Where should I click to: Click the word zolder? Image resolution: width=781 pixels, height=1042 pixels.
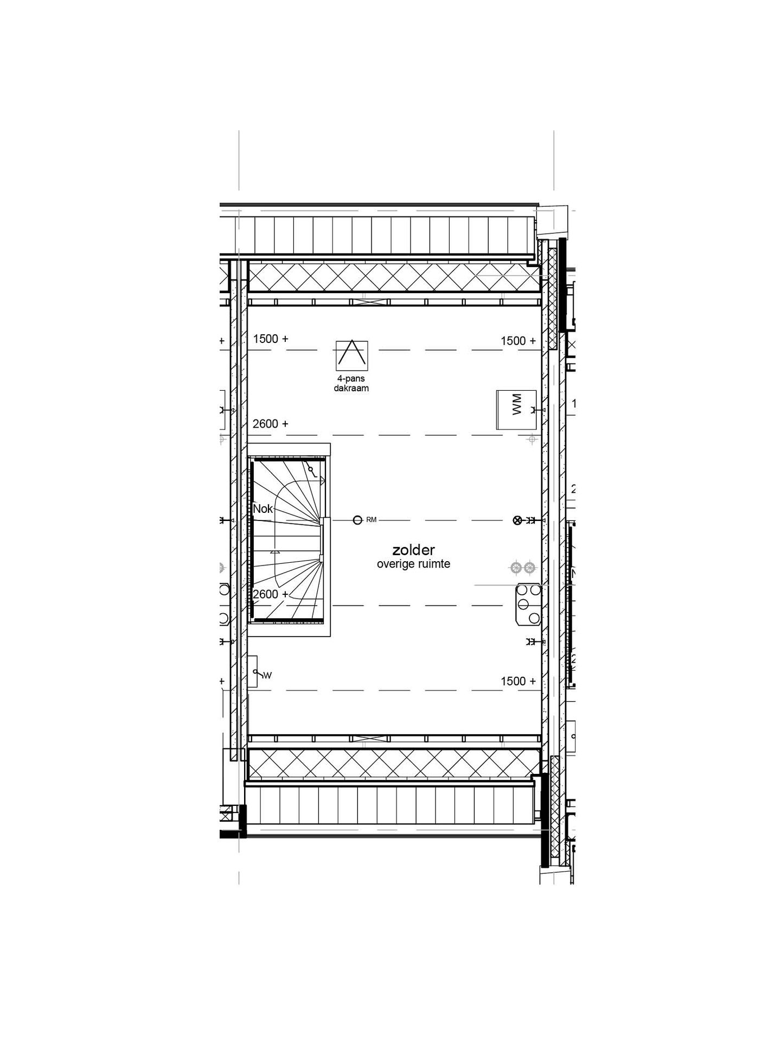click(x=413, y=551)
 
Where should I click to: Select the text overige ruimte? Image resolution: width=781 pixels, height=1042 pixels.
click(x=413, y=564)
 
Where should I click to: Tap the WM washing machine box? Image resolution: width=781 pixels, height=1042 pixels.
click(x=516, y=410)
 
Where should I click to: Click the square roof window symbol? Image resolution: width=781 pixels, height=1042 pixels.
click(x=351, y=355)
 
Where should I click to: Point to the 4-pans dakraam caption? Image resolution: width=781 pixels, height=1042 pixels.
click(x=351, y=384)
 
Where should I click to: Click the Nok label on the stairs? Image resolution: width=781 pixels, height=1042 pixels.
click(x=263, y=509)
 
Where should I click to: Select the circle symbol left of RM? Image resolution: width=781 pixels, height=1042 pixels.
click(x=357, y=520)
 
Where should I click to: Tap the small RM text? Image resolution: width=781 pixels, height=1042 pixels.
click(x=371, y=520)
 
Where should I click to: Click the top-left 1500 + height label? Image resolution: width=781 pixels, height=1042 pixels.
click(x=271, y=339)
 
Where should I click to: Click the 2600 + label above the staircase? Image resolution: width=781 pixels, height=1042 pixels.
click(x=271, y=424)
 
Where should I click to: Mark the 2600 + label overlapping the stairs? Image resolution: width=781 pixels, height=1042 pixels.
click(x=271, y=594)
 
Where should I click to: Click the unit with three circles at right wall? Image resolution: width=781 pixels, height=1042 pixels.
click(x=528, y=604)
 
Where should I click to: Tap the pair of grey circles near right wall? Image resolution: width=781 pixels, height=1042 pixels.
click(x=522, y=568)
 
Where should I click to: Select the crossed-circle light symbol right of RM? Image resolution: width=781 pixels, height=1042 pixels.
click(x=517, y=520)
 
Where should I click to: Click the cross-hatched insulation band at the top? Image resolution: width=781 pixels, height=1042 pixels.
click(x=394, y=277)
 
